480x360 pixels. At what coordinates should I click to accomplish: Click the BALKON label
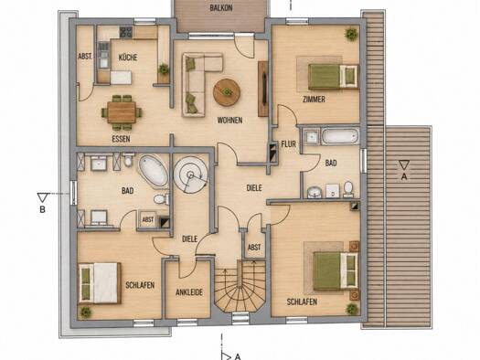coord(221,8)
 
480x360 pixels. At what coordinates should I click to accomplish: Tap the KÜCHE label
coord(128,58)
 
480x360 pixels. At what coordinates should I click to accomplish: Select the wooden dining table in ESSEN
coord(122,112)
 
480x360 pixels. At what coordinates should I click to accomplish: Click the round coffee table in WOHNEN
coord(227,92)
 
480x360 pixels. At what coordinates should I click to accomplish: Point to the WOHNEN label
coord(229,121)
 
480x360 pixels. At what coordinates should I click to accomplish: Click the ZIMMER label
coord(314,99)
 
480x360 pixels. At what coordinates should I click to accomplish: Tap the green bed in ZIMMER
coord(334,77)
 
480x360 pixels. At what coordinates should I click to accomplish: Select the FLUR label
coord(288,144)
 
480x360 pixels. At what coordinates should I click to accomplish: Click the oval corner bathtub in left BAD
coord(154,171)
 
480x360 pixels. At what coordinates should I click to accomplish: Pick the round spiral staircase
coord(191,175)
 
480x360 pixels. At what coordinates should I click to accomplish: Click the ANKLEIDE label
coord(189,292)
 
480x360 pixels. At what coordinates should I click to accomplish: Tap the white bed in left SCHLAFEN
coord(100,283)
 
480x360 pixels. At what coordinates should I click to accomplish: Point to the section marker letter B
coord(43,210)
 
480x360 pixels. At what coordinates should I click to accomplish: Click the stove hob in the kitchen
coord(126,32)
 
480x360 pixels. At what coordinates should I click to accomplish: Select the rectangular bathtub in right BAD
coord(339,136)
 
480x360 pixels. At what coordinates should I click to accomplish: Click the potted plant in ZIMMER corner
coord(351,33)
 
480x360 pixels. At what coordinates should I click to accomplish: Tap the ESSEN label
coord(121,139)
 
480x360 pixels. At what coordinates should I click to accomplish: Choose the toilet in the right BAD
coord(348,189)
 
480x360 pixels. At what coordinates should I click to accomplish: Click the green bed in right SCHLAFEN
coord(336,271)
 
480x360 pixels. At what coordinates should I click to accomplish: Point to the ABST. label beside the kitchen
coord(85,57)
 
